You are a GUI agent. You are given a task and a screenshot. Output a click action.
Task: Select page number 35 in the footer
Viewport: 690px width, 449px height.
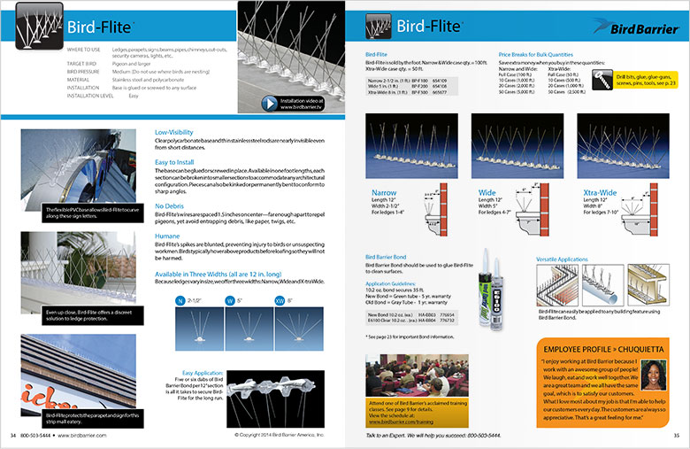point(676,436)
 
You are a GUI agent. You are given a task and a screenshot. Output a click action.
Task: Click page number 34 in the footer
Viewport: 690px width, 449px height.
point(13,436)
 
